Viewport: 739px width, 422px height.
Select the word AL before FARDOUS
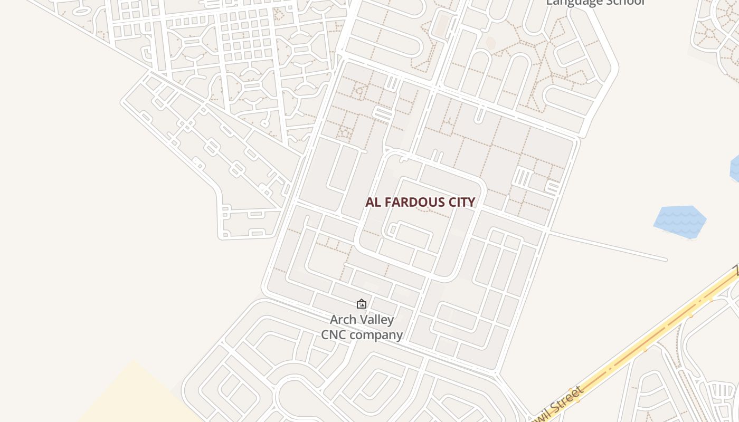tap(374, 202)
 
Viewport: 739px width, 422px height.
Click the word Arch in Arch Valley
tap(343, 320)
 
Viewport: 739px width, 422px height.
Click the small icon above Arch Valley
tap(362, 304)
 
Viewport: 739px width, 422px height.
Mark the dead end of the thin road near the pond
tap(666, 260)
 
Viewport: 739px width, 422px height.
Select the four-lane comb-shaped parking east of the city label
tap(523, 177)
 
